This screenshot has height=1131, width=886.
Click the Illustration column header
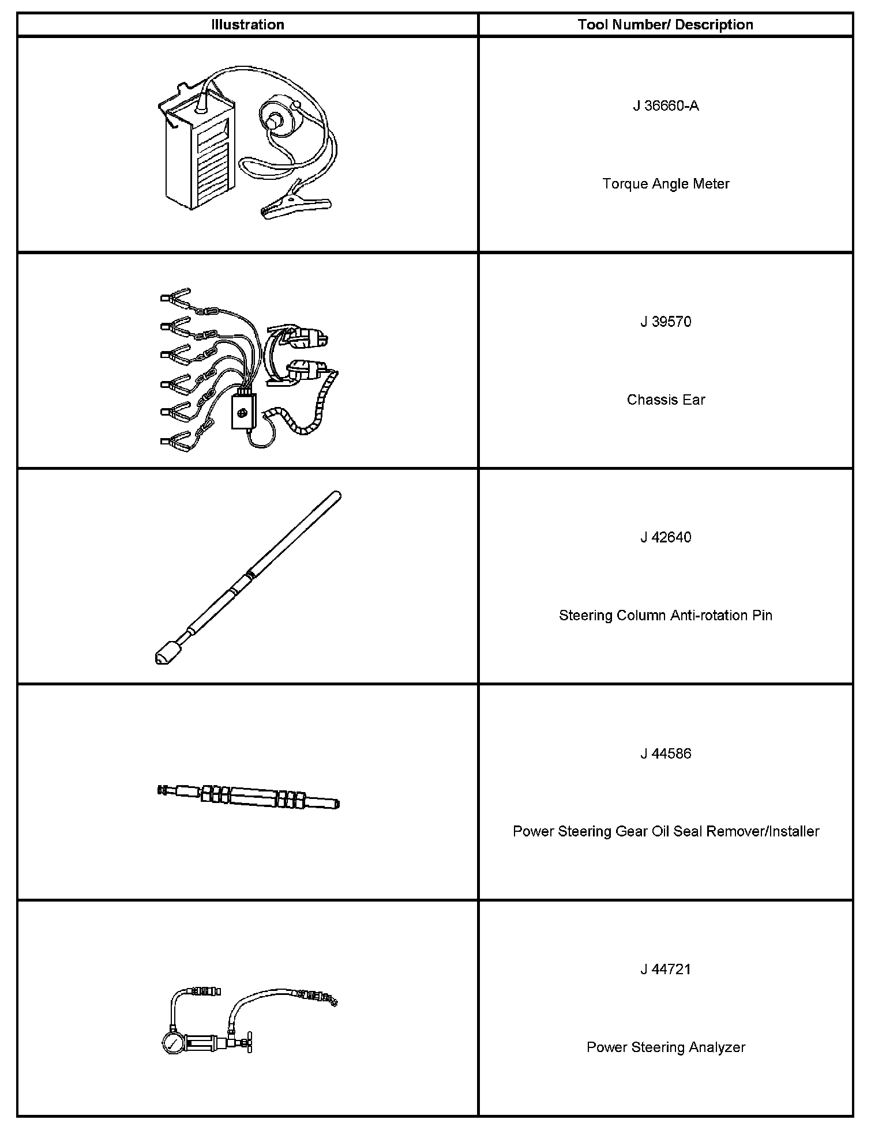point(247,25)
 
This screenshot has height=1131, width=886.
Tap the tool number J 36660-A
point(666,106)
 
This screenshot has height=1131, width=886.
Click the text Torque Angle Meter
point(666,184)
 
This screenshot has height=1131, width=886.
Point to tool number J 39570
point(666,322)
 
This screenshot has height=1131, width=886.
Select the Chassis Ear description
point(666,400)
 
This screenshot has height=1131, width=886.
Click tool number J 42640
point(666,537)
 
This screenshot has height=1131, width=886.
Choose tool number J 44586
point(666,753)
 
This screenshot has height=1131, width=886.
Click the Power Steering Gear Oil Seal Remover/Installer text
point(666,831)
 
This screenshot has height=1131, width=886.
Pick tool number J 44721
point(666,969)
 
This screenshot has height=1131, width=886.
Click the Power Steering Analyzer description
point(666,1047)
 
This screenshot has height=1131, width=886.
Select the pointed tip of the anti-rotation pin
point(161,658)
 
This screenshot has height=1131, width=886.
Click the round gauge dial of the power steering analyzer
point(173,1044)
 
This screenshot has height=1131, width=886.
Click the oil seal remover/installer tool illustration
point(248,797)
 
